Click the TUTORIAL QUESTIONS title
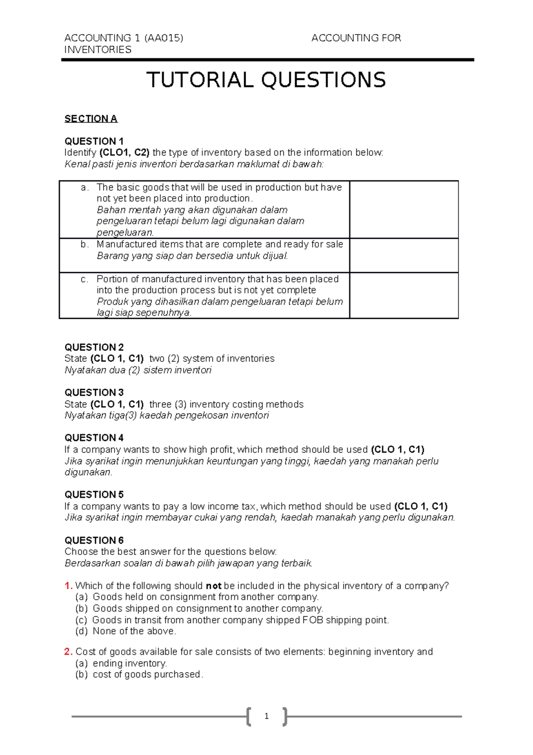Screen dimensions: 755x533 tap(266, 80)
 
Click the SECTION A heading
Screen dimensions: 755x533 tap(91, 119)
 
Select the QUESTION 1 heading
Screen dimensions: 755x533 tap(94, 141)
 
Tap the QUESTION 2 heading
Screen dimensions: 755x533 tap(94, 347)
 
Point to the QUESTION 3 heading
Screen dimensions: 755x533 tap(94, 393)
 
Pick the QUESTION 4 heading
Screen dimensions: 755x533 tap(94, 438)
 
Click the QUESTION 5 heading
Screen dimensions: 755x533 tap(94, 495)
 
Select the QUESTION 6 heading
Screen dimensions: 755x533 tap(94, 540)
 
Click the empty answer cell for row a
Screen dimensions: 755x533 tap(404, 209)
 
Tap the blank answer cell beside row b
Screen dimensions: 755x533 tap(404, 255)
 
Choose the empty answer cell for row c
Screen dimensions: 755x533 tap(404, 295)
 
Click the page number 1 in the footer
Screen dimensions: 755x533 tap(266, 716)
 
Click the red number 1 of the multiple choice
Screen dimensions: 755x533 tap(68, 586)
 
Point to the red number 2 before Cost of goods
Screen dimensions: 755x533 tap(68, 652)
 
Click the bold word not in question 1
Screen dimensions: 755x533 tap(214, 586)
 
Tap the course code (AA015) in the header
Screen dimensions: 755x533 tap(163, 38)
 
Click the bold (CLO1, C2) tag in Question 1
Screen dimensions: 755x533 tap(124, 153)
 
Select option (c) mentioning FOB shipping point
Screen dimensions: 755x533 tap(240, 620)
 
